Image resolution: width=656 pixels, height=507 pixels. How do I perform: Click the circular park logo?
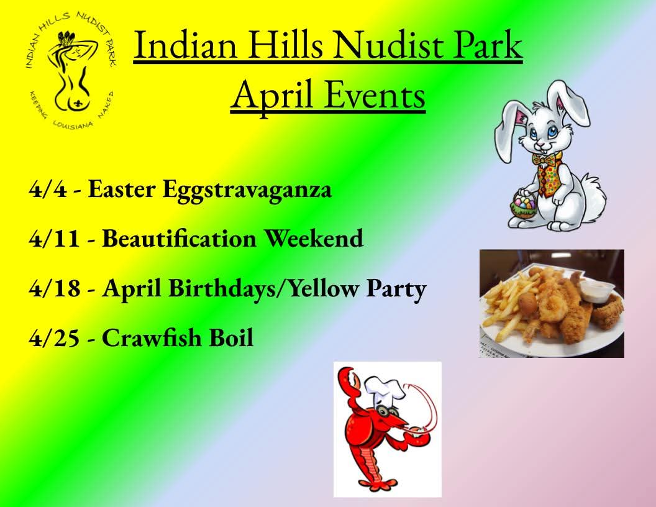tap(71, 70)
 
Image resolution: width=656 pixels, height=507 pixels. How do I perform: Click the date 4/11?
tap(53, 239)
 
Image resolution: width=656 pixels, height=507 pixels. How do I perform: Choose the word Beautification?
tap(180, 239)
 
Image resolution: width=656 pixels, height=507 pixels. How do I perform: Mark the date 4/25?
tap(53, 339)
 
